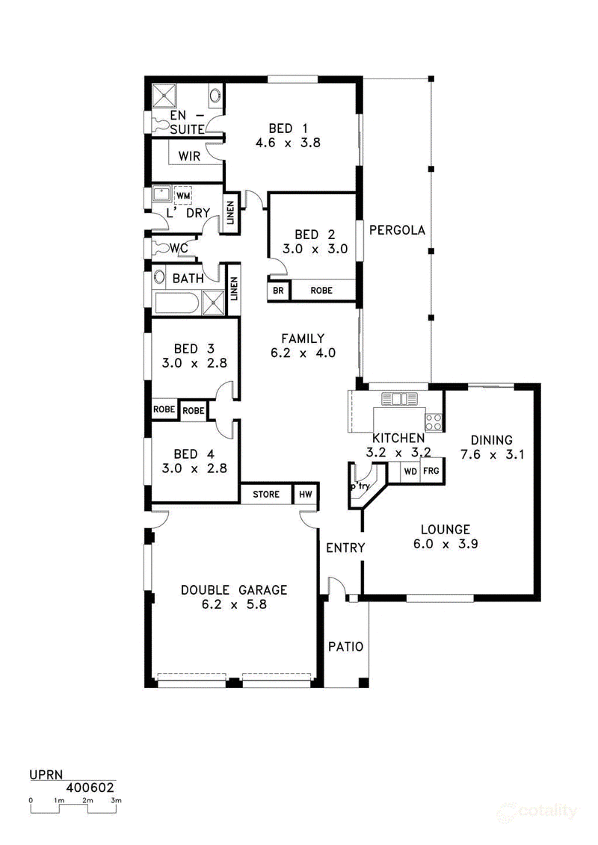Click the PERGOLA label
tap(397, 230)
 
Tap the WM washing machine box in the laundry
tap(183, 196)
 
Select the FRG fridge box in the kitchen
tap(431, 471)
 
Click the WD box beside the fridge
tap(410, 471)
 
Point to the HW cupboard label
tap(305, 494)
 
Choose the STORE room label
tap(266, 494)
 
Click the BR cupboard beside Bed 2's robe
tap(278, 291)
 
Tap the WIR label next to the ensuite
tap(188, 156)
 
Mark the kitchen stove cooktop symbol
tap(434, 421)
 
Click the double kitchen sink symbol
tap(400, 399)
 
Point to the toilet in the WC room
tap(160, 249)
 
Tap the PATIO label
tap(345, 646)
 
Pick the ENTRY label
tap(345, 548)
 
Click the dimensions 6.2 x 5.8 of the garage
tap(234, 604)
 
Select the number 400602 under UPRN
tap(90, 787)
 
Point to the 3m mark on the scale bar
tap(115, 800)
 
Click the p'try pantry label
tap(360, 486)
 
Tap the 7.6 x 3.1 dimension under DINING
tap(492, 454)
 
